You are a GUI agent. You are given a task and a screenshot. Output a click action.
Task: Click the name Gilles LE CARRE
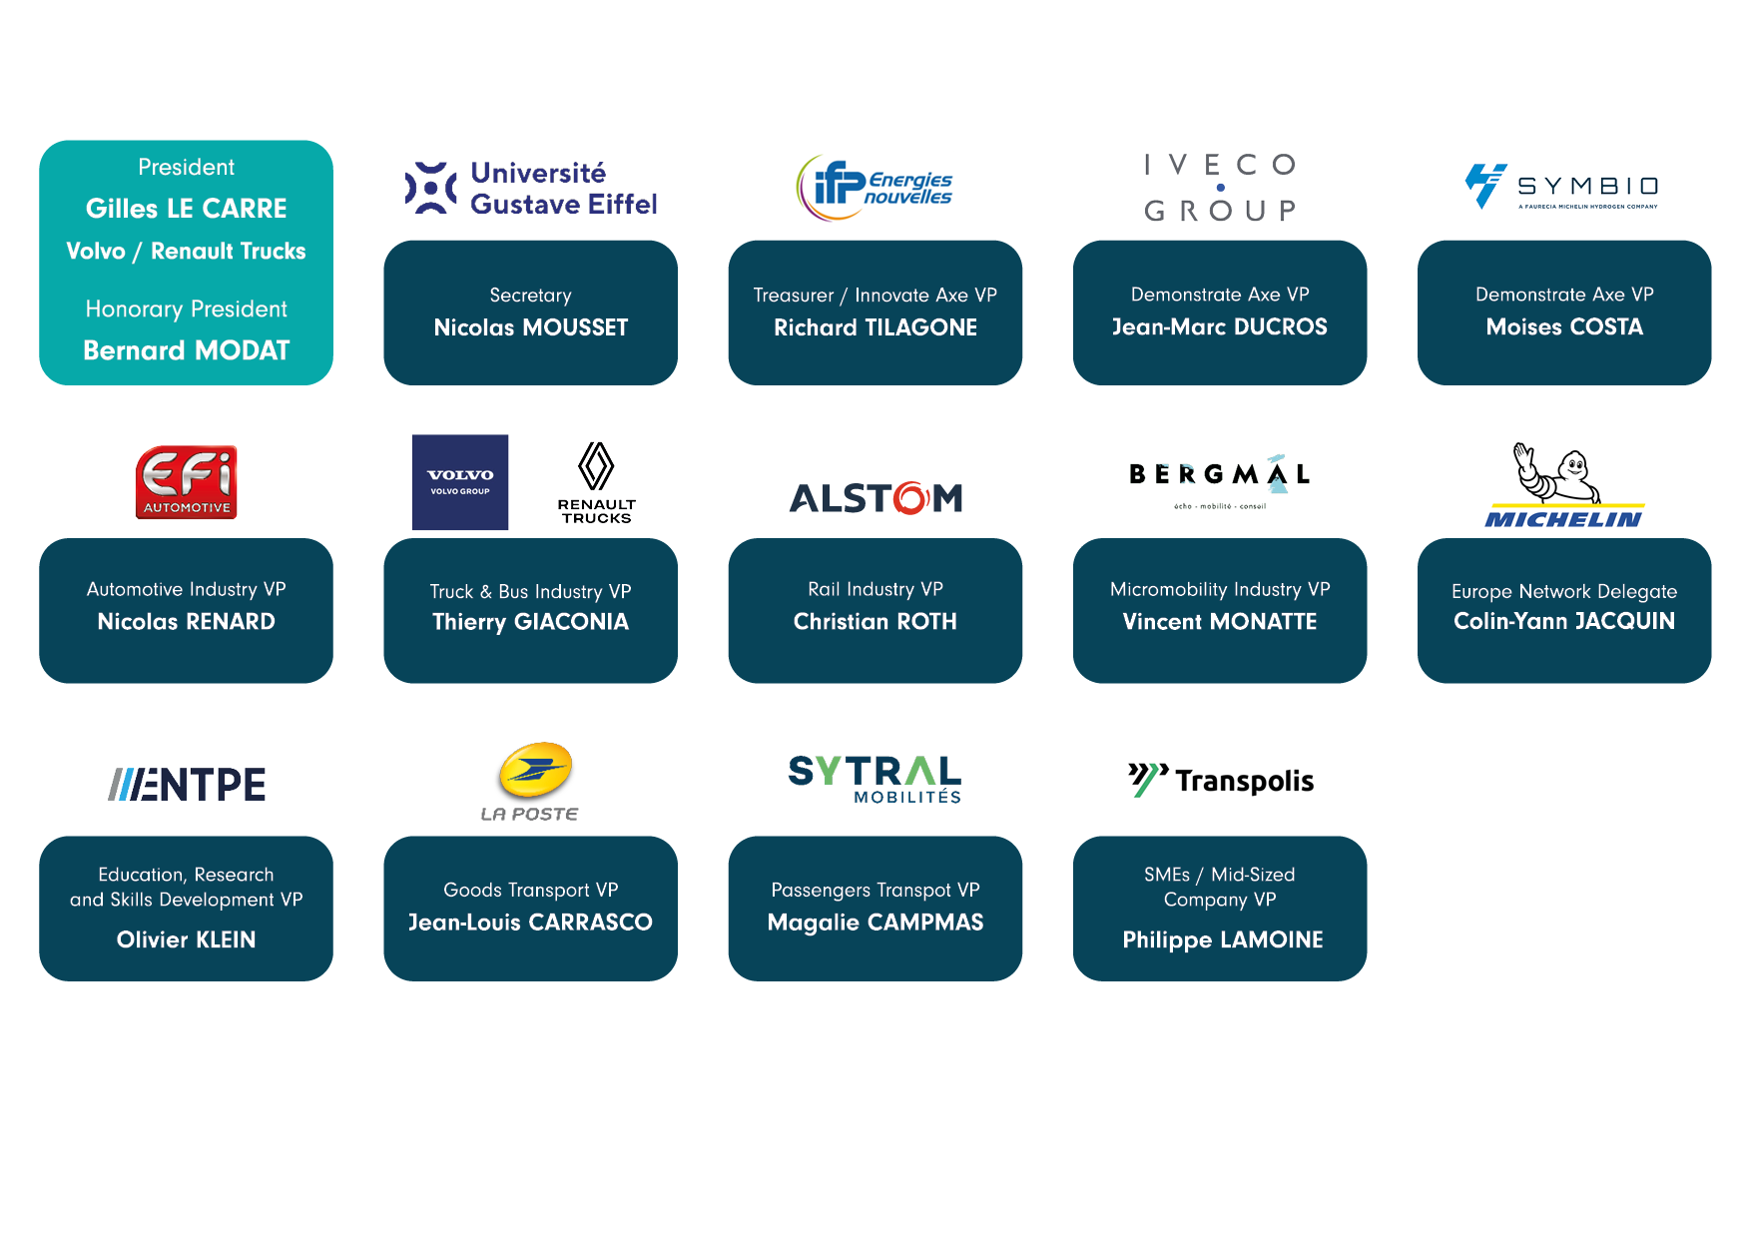186,209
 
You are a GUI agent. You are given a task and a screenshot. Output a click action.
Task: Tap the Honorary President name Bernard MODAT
186,350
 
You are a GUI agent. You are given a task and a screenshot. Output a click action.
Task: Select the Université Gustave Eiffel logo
530,188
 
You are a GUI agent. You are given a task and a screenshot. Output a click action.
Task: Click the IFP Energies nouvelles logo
875,188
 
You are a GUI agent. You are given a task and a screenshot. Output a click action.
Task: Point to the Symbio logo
1562,187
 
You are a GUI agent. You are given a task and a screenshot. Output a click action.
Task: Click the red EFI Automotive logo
187,482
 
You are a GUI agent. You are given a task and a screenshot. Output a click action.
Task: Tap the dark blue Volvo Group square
460,482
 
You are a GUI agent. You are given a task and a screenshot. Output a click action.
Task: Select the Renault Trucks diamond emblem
596,466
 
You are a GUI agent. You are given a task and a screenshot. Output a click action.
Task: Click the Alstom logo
875,497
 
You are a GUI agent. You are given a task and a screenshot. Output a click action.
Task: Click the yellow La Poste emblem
535,771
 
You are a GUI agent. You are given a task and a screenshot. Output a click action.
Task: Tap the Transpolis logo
1220,780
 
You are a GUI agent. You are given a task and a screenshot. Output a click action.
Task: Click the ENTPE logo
187,785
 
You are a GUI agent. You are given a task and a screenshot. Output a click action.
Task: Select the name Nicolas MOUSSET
530,327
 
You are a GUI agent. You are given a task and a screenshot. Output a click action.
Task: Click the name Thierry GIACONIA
530,622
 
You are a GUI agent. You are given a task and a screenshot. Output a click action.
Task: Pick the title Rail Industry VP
875,589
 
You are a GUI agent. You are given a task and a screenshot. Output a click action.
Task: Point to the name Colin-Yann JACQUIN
1563,621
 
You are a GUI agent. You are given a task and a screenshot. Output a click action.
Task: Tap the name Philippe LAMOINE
1222,939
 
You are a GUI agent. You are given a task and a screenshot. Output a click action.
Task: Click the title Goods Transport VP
530,890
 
